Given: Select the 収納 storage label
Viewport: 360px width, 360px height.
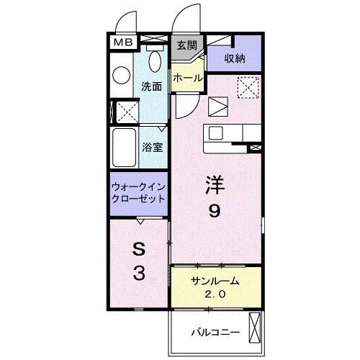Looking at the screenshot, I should point(234,57).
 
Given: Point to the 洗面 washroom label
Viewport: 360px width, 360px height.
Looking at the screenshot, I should point(150,86).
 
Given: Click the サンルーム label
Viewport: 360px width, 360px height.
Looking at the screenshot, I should point(215,280).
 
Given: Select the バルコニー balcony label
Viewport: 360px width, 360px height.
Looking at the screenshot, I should point(215,332).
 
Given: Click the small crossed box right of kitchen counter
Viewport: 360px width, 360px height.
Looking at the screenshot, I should point(254,147).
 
